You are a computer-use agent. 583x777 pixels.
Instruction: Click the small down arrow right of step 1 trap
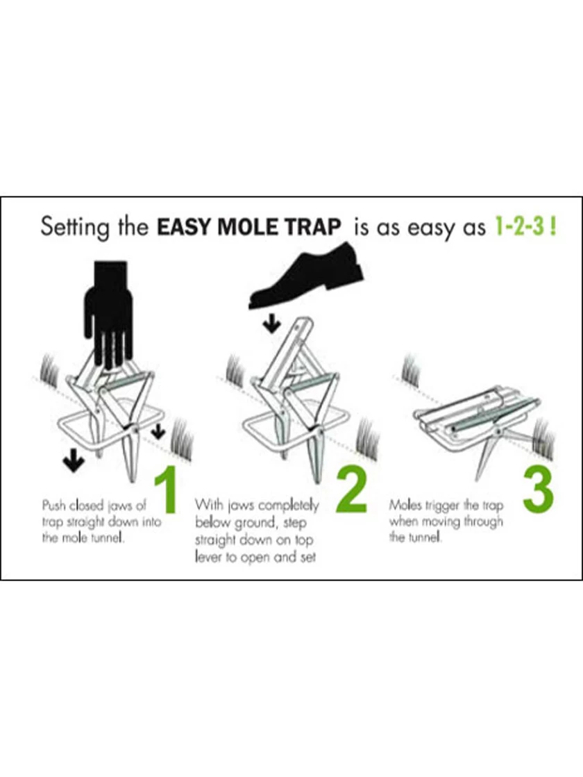(x=158, y=432)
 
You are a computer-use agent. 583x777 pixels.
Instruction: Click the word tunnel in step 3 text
(x=424, y=537)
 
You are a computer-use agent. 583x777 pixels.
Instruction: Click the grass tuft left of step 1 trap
(x=51, y=369)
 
